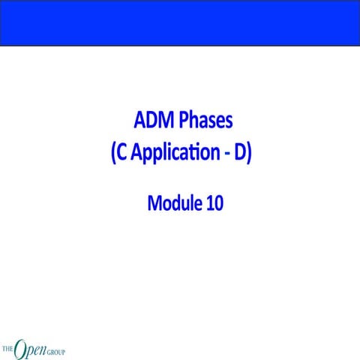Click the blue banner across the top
180,22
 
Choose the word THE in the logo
8,349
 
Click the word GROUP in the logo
55,349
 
